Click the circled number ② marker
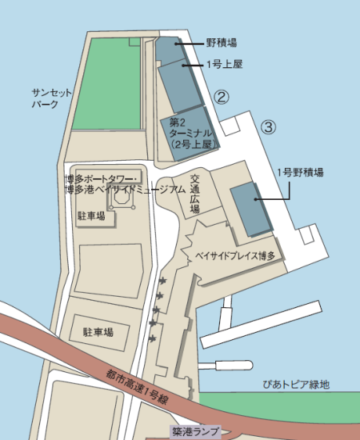pos(222,97)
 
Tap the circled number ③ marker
pos(269,126)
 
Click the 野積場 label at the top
pos(221,42)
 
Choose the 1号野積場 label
pos(300,171)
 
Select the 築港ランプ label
pos(194,430)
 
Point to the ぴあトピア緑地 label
pos(296,385)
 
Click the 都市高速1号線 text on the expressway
pos(138,385)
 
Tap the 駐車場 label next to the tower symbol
pos(90,216)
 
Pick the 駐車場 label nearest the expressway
pos(98,331)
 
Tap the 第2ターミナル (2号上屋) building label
pos(190,134)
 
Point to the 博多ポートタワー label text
pos(102,177)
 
